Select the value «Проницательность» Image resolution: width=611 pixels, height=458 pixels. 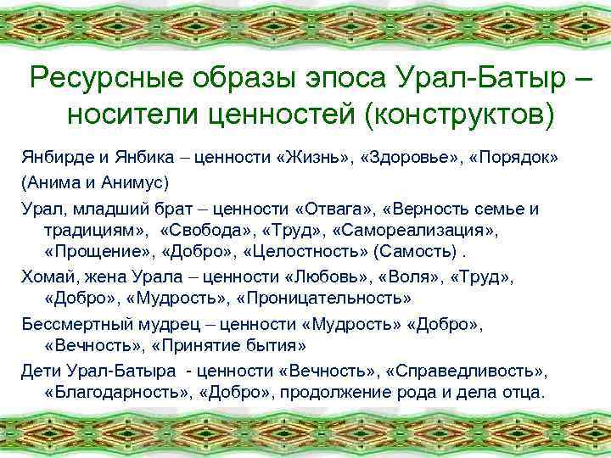(x=326, y=299)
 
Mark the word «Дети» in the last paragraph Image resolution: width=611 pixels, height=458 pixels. (x=39, y=371)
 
